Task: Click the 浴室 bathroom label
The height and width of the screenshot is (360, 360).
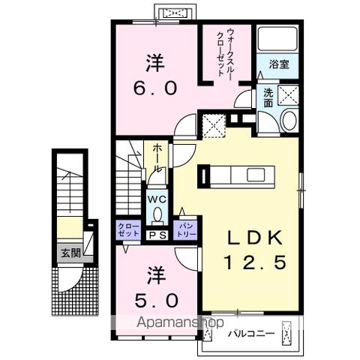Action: pyautogui.click(x=280, y=64)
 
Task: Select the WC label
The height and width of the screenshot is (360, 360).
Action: pyautogui.click(x=156, y=199)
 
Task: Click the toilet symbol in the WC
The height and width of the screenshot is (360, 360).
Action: pyautogui.click(x=157, y=215)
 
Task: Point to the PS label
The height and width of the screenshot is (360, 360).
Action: pyautogui.click(x=157, y=235)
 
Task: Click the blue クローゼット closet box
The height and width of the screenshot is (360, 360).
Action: pyautogui.click(x=127, y=230)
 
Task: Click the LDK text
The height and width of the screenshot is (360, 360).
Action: pyautogui.click(x=255, y=238)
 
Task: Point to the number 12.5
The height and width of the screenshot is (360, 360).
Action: pyautogui.click(x=255, y=264)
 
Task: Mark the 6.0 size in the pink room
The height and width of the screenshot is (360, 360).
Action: pyautogui.click(x=156, y=87)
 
